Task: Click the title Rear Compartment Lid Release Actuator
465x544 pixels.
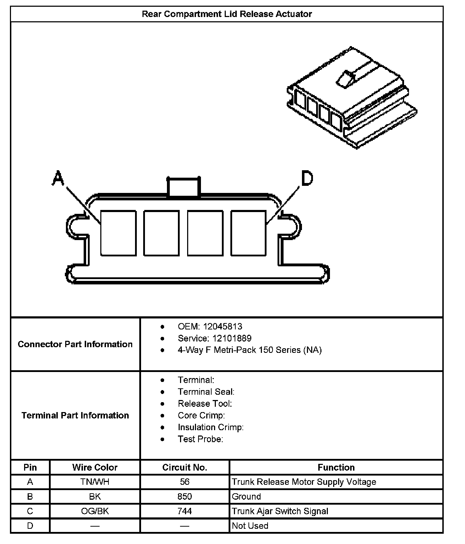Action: pos(227,14)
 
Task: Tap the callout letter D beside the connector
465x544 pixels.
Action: pos(307,178)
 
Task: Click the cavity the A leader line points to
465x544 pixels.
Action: pos(118,233)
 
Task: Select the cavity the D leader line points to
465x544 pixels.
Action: pos(248,233)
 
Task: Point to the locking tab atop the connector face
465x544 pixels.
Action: pos(184,187)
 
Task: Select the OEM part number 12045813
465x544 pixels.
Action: pos(223,327)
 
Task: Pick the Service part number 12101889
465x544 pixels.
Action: pos(232,338)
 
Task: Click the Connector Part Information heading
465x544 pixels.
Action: pos(75,344)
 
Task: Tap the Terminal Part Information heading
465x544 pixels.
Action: pos(75,415)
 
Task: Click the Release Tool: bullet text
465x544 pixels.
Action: pos(205,404)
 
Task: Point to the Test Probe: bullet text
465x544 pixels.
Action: pos(200,439)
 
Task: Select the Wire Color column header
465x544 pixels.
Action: pos(95,467)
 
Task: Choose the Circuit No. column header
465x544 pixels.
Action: pos(185,467)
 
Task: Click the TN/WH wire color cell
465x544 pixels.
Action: pos(95,482)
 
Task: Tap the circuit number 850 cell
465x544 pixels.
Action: pos(185,496)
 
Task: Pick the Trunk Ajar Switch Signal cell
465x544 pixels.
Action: pos(280,511)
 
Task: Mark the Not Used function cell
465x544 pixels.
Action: pos(250,526)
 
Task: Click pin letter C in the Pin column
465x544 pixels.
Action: pos(30,511)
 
